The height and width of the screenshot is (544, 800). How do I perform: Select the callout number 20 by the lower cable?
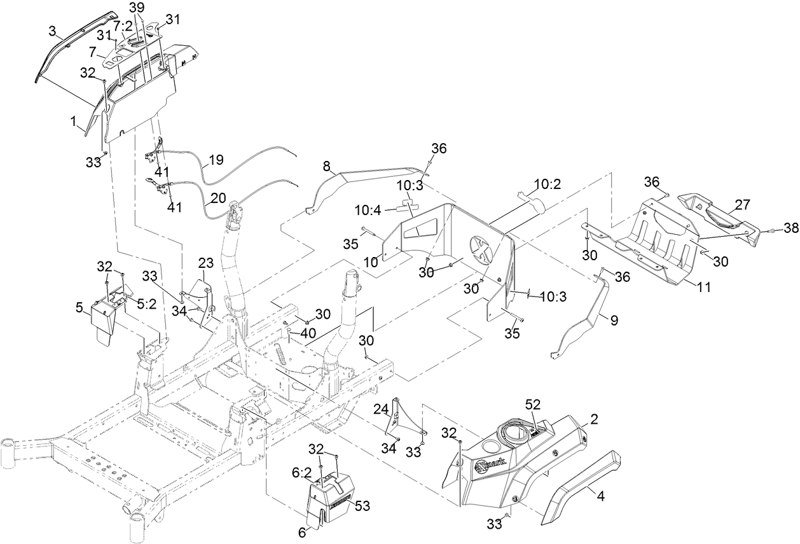click(218, 198)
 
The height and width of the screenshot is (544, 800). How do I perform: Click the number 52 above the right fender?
click(534, 405)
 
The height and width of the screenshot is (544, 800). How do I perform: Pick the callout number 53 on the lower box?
click(362, 506)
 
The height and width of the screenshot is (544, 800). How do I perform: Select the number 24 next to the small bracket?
click(380, 408)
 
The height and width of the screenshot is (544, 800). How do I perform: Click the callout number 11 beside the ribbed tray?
click(703, 287)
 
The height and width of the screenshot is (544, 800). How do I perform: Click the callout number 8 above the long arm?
click(326, 167)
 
